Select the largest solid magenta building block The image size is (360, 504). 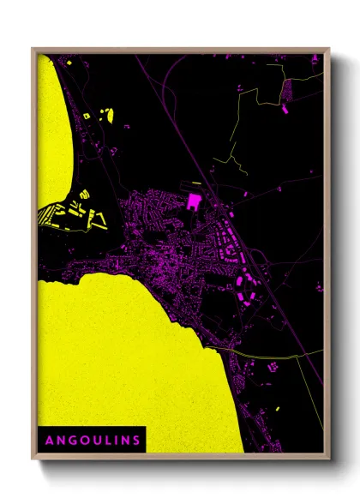(x=194, y=201)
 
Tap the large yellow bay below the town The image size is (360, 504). (x=120, y=360)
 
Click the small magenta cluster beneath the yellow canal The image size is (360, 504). (x=273, y=367)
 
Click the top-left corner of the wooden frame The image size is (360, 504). (x=33, y=49)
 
